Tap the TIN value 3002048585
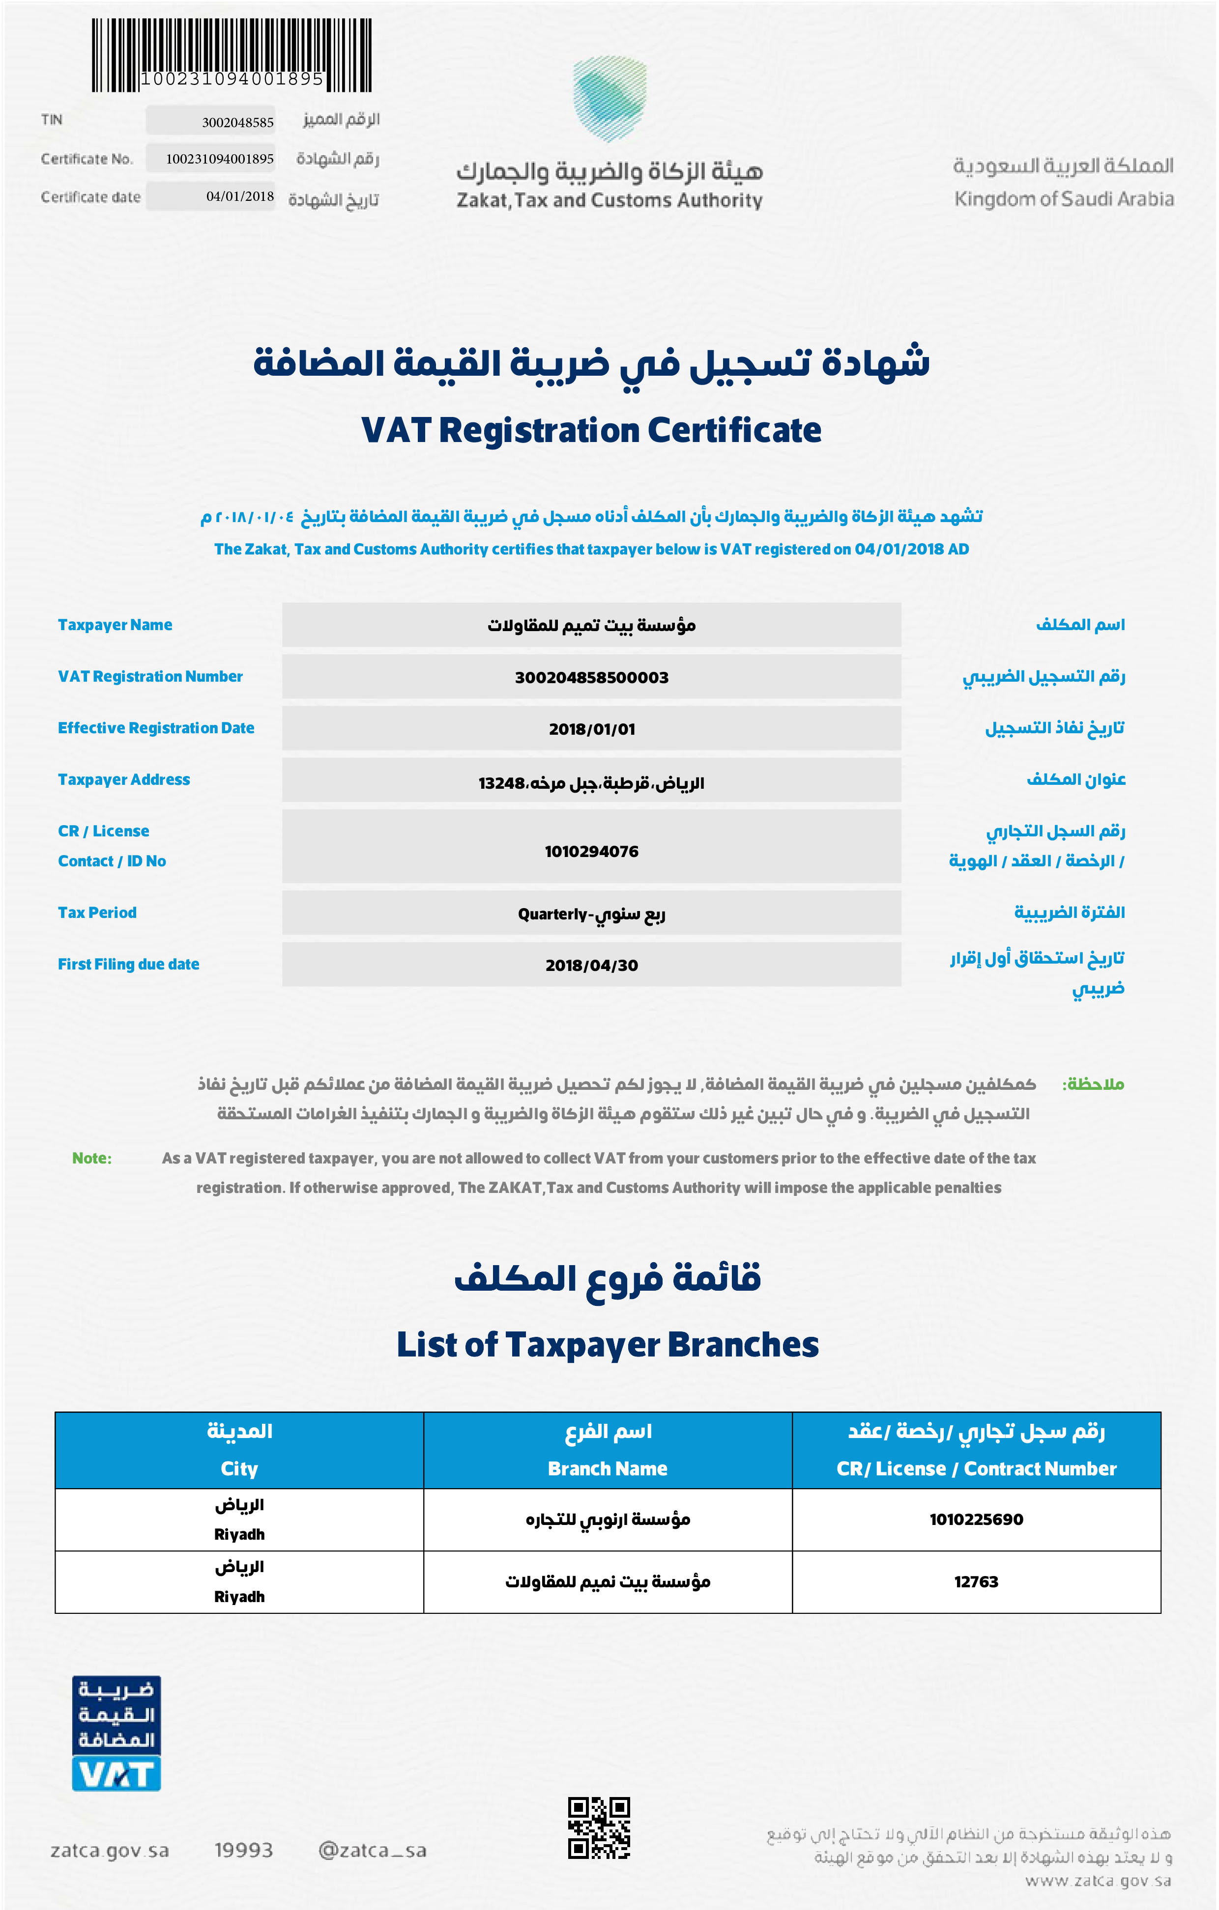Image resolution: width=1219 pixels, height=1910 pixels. tap(237, 122)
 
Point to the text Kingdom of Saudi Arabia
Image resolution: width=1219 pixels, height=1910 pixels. tap(1064, 199)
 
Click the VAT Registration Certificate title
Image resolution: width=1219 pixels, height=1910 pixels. tap(591, 431)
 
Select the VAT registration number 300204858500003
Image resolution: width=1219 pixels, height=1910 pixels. tap(591, 677)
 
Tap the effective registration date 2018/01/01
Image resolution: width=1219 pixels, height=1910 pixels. tap(591, 729)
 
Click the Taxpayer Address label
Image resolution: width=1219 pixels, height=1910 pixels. tap(124, 780)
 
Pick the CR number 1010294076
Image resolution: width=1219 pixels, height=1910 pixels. tap(591, 851)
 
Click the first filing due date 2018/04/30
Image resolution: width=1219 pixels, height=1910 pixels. tap(591, 965)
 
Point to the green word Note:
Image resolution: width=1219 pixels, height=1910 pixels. tap(92, 1158)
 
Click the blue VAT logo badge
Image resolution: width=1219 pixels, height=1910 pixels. tap(116, 1734)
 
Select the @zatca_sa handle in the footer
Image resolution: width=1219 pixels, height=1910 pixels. tap(372, 1851)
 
